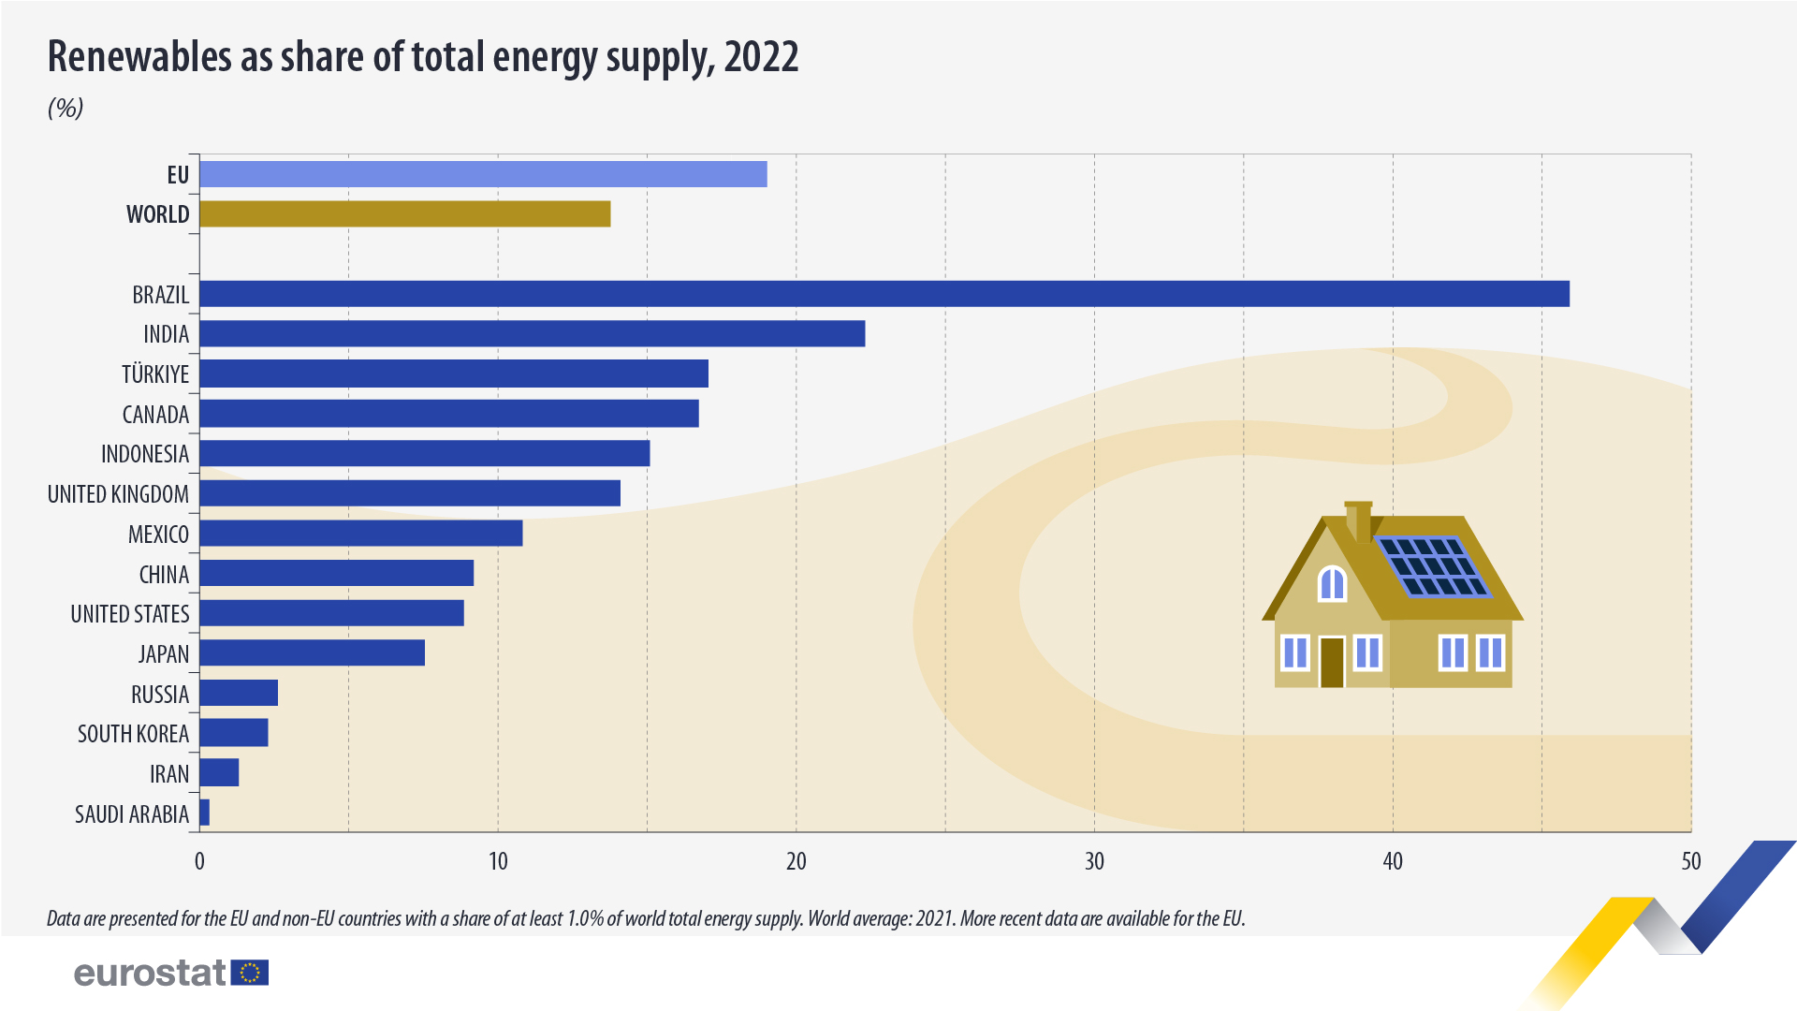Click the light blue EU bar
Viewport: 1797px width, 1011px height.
tap(483, 174)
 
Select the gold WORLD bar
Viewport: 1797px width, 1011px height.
tap(404, 214)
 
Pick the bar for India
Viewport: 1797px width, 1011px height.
tap(532, 334)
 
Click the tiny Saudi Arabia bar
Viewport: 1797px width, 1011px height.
tap(204, 813)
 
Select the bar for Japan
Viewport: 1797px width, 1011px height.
tap(312, 653)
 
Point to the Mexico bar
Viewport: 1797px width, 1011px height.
tap(360, 534)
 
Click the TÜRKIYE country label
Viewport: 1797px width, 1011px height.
tap(155, 374)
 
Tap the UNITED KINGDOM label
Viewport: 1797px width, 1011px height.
tap(118, 494)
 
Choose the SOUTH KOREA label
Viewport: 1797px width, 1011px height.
tap(133, 734)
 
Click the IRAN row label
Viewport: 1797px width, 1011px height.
tap(169, 774)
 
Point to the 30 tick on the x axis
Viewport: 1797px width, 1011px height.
tap(1094, 861)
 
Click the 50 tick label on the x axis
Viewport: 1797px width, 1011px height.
tap(1690, 861)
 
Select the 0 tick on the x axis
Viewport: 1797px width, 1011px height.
tap(199, 861)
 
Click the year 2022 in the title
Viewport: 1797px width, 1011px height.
tap(761, 57)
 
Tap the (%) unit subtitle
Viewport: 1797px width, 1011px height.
tap(66, 108)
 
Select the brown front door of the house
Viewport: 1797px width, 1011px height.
tap(1332, 662)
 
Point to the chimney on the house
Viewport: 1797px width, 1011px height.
tap(1359, 520)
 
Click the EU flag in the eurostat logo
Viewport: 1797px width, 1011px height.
tap(250, 973)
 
